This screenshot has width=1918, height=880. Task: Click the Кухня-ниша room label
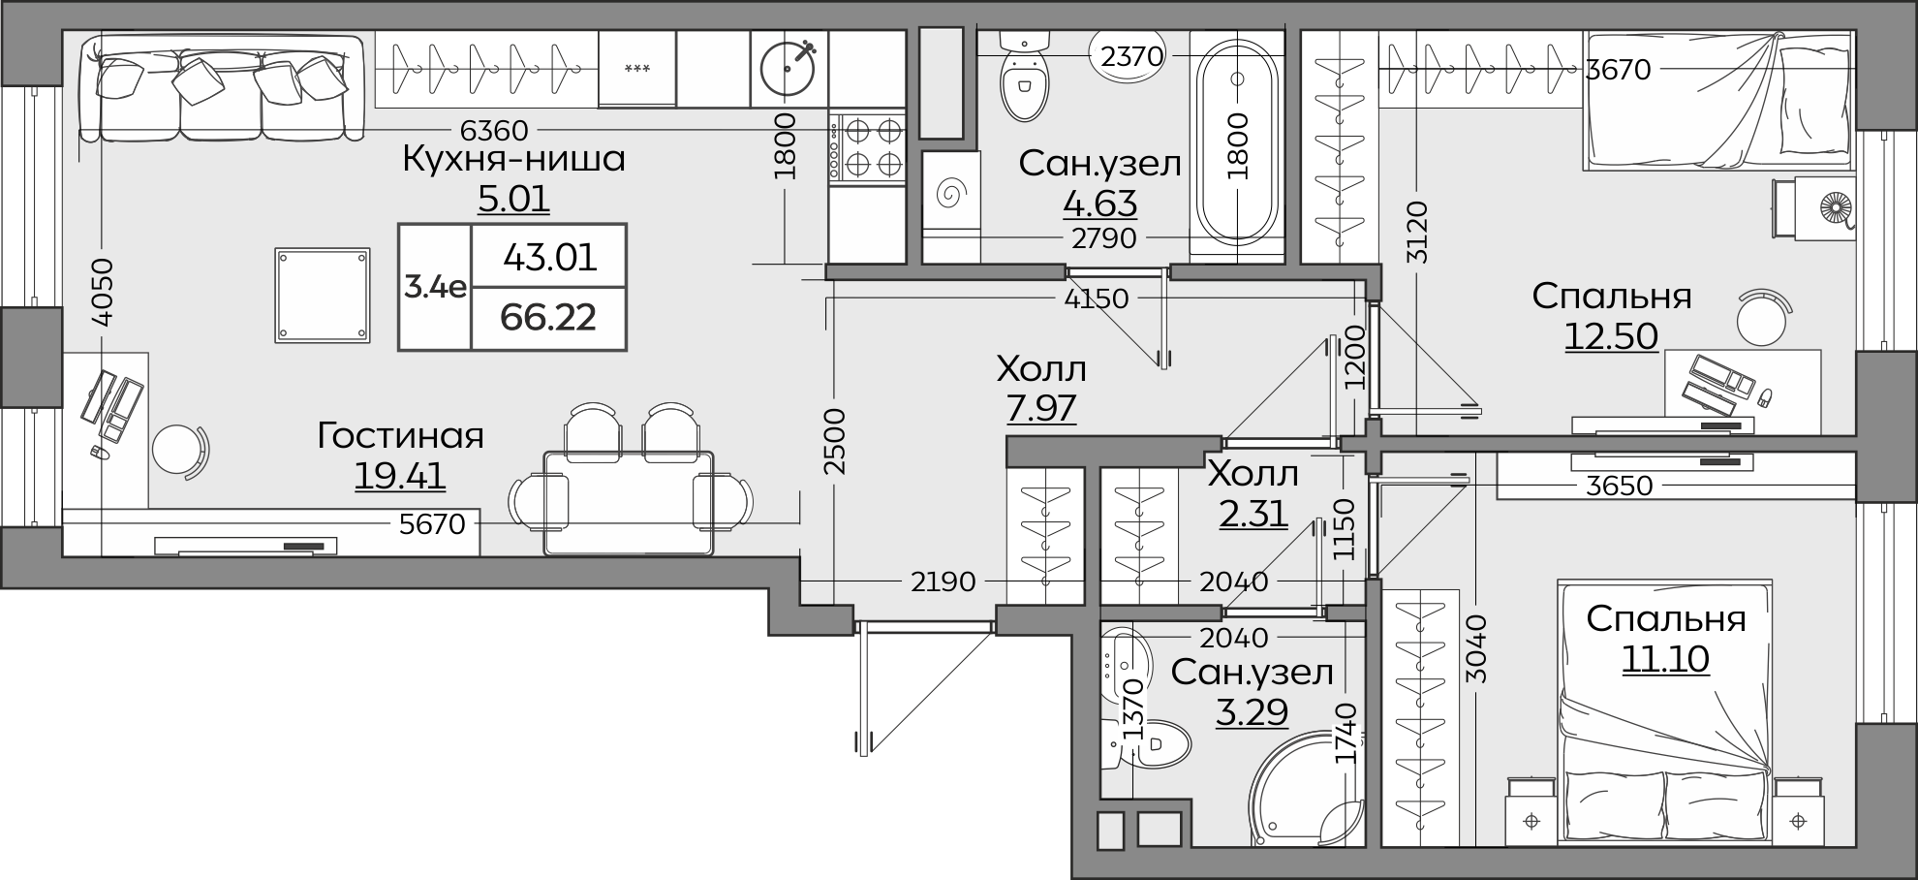(x=513, y=159)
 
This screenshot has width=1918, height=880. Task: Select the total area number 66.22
(x=548, y=317)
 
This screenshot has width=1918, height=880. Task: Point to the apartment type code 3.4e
(x=435, y=287)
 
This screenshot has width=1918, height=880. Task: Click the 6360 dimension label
(x=494, y=130)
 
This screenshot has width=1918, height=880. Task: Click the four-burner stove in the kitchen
(x=867, y=148)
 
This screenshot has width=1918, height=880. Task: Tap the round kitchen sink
(x=789, y=68)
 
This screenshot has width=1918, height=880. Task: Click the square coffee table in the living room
(x=323, y=295)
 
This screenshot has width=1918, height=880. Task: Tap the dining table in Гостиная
(x=629, y=502)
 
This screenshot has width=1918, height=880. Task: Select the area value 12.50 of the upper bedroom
(x=1611, y=335)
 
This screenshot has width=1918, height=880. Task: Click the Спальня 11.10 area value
(x=1665, y=659)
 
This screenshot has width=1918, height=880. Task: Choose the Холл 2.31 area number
(x=1253, y=514)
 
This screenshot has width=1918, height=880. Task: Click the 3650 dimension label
(x=1619, y=485)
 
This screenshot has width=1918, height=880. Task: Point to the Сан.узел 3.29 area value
(x=1252, y=712)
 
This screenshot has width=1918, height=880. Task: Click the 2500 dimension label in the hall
(x=835, y=441)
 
